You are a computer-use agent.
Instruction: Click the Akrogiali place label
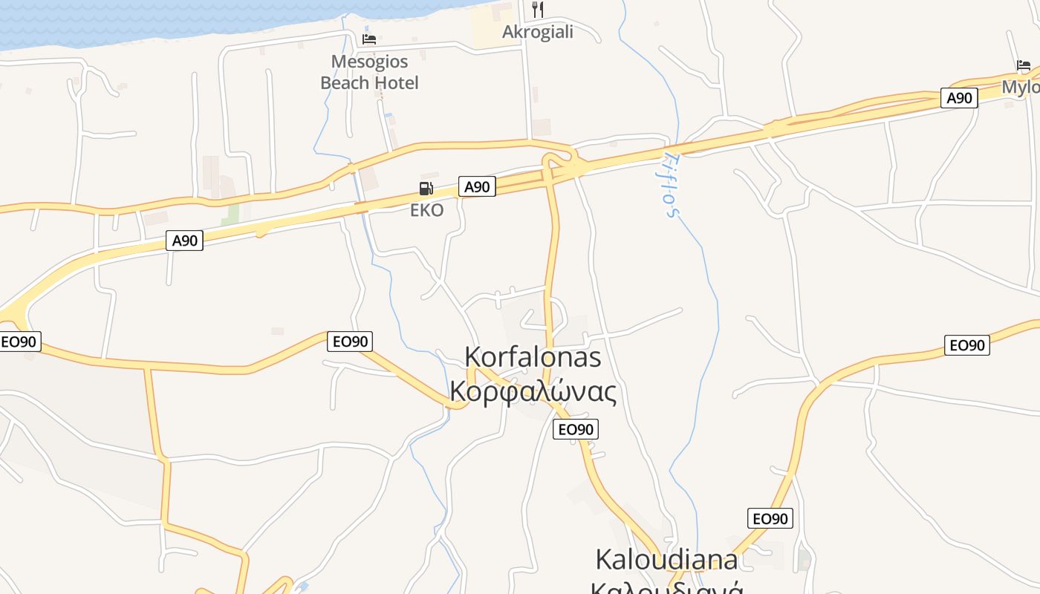click(537, 32)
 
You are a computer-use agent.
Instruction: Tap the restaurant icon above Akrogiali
click(538, 10)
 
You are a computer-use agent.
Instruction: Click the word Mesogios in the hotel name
click(369, 61)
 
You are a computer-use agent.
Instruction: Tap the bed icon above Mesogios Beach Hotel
click(369, 39)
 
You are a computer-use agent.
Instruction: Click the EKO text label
click(426, 210)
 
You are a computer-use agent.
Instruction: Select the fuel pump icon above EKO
click(426, 189)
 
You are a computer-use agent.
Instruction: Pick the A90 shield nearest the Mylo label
click(958, 98)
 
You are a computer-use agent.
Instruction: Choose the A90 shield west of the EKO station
click(184, 241)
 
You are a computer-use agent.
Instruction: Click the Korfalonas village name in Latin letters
click(533, 356)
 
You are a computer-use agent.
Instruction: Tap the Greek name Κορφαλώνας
click(533, 391)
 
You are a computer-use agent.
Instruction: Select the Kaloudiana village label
click(666, 558)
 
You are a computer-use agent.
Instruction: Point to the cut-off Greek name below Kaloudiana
click(666, 587)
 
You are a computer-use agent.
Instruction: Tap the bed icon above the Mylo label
click(1024, 65)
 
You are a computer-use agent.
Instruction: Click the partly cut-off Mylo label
click(1021, 87)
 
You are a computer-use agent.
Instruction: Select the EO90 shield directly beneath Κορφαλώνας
click(575, 429)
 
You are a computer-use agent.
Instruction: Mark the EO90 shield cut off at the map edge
click(19, 342)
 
